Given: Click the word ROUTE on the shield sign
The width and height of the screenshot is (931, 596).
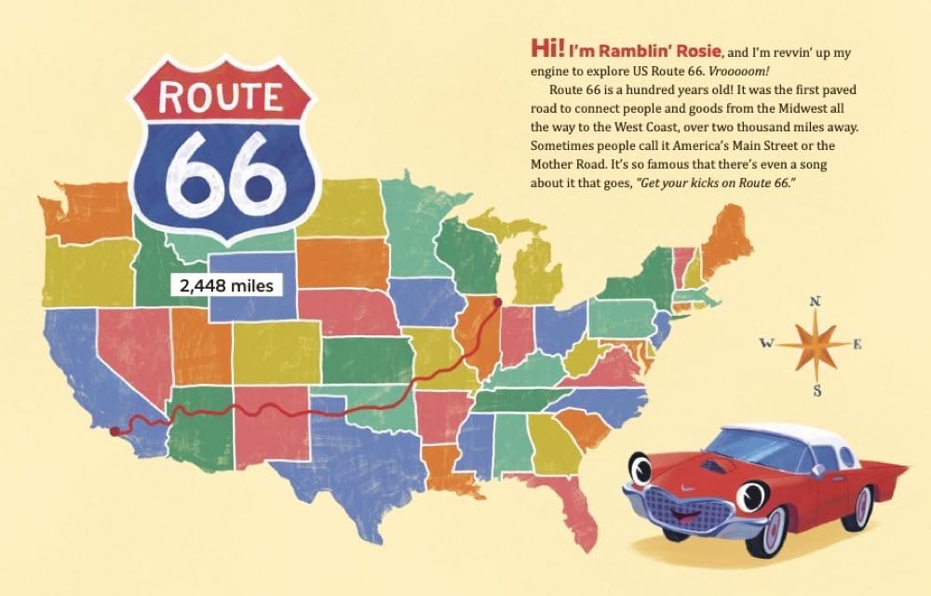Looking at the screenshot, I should click(x=221, y=97).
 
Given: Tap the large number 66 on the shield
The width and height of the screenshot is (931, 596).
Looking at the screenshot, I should click(x=221, y=171).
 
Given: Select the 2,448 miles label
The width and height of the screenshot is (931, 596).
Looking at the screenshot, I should click(x=228, y=286).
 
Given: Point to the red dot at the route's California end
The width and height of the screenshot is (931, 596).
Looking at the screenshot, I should click(x=115, y=431).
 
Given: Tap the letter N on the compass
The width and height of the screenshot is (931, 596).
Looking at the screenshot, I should click(x=815, y=301).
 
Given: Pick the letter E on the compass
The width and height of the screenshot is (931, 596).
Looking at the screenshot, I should click(x=858, y=345).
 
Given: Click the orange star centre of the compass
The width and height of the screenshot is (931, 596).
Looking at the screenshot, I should click(x=815, y=345).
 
